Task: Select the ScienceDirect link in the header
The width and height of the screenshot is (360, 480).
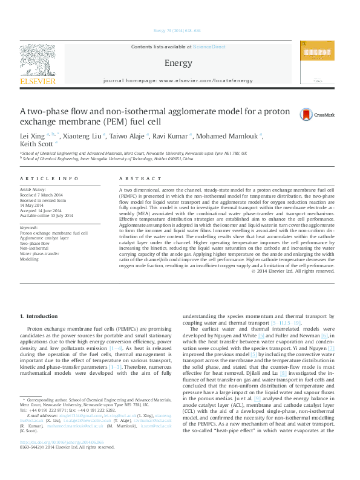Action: (209, 47)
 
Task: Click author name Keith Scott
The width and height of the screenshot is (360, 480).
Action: (36, 144)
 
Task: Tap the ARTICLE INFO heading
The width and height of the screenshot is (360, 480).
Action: (50, 179)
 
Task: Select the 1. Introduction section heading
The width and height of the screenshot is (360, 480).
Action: (39, 316)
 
